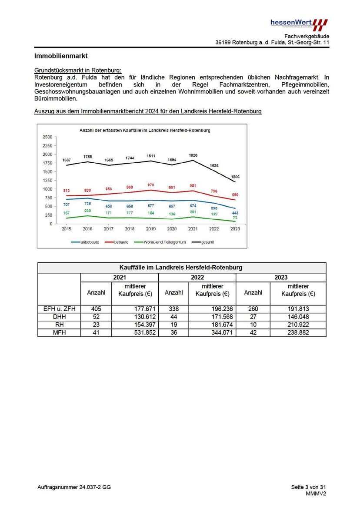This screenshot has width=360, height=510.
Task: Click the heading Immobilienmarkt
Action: [61, 56]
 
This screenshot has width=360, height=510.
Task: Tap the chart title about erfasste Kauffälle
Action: [145, 130]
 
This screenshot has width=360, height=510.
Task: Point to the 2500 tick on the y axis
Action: [47, 137]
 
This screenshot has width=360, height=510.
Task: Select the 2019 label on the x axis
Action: [151, 229]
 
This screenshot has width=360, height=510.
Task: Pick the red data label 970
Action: [151, 185]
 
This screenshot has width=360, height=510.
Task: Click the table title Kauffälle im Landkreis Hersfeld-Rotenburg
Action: [181, 267]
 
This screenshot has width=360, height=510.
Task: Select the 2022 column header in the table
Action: [197, 277]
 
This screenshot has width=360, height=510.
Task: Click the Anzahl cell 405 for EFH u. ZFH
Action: [96, 309]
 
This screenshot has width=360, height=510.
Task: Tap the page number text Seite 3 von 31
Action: [308, 487]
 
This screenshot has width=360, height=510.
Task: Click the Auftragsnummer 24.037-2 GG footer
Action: [74, 487]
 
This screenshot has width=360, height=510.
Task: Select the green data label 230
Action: [87, 211]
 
